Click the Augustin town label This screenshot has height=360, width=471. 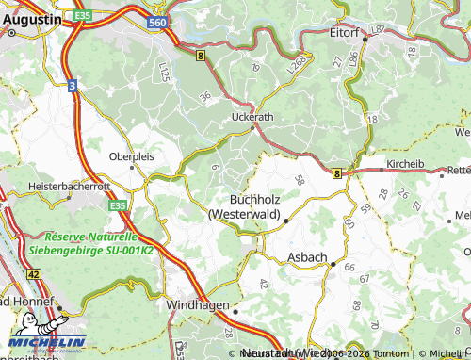[32, 17]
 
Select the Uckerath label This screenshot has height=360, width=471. [252, 118]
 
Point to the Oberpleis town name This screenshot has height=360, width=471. [132, 156]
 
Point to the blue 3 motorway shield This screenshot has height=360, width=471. [72, 85]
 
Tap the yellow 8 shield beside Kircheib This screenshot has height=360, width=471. [336, 172]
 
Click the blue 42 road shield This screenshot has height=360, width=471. [34, 273]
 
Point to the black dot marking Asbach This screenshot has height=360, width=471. [333, 265]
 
